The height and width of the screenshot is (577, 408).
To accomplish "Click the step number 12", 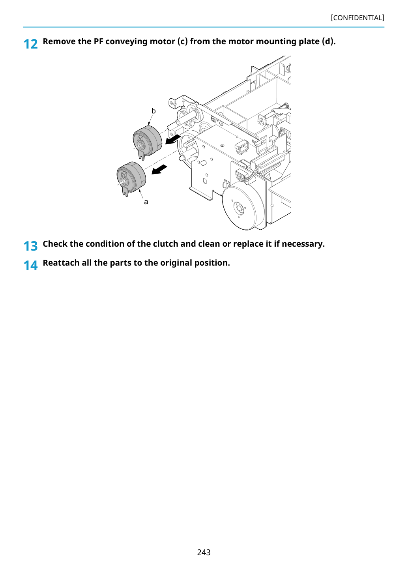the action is pyautogui.click(x=30, y=44).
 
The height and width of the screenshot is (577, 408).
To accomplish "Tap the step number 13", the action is pyautogui.click(x=30, y=246).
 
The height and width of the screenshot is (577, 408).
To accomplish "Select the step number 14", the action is pyautogui.click(x=30, y=265).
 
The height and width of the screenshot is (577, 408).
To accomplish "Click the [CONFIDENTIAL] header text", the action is pyautogui.click(x=357, y=18).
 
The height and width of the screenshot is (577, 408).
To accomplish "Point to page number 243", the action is pyautogui.click(x=204, y=552).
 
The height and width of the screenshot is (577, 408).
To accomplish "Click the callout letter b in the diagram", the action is pyautogui.click(x=153, y=111).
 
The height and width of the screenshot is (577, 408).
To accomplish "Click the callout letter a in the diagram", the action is pyautogui.click(x=146, y=202).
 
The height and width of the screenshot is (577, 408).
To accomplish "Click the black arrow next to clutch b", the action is pyautogui.click(x=173, y=139).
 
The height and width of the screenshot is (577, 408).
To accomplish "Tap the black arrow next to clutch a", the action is pyautogui.click(x=159, y=170).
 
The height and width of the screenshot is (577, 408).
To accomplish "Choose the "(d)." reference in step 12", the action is pyautogui.click(x=329, y=41).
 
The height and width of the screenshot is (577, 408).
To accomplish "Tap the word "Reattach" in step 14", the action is pyautogui.click(x=61, y=263).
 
